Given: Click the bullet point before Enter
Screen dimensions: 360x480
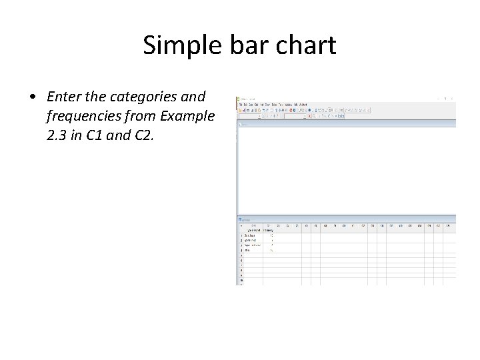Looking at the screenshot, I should [x=33, y=97].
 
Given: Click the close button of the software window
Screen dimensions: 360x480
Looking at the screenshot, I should [x=453, y=99].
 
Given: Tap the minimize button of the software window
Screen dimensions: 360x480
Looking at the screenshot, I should [x=437, y=99].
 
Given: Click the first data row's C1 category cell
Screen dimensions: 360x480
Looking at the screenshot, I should [x=252, y=235].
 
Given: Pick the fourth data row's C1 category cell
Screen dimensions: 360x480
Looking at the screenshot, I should [x=252, y=250].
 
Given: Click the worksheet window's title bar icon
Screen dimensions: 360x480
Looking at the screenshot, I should [x=239, y=219].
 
